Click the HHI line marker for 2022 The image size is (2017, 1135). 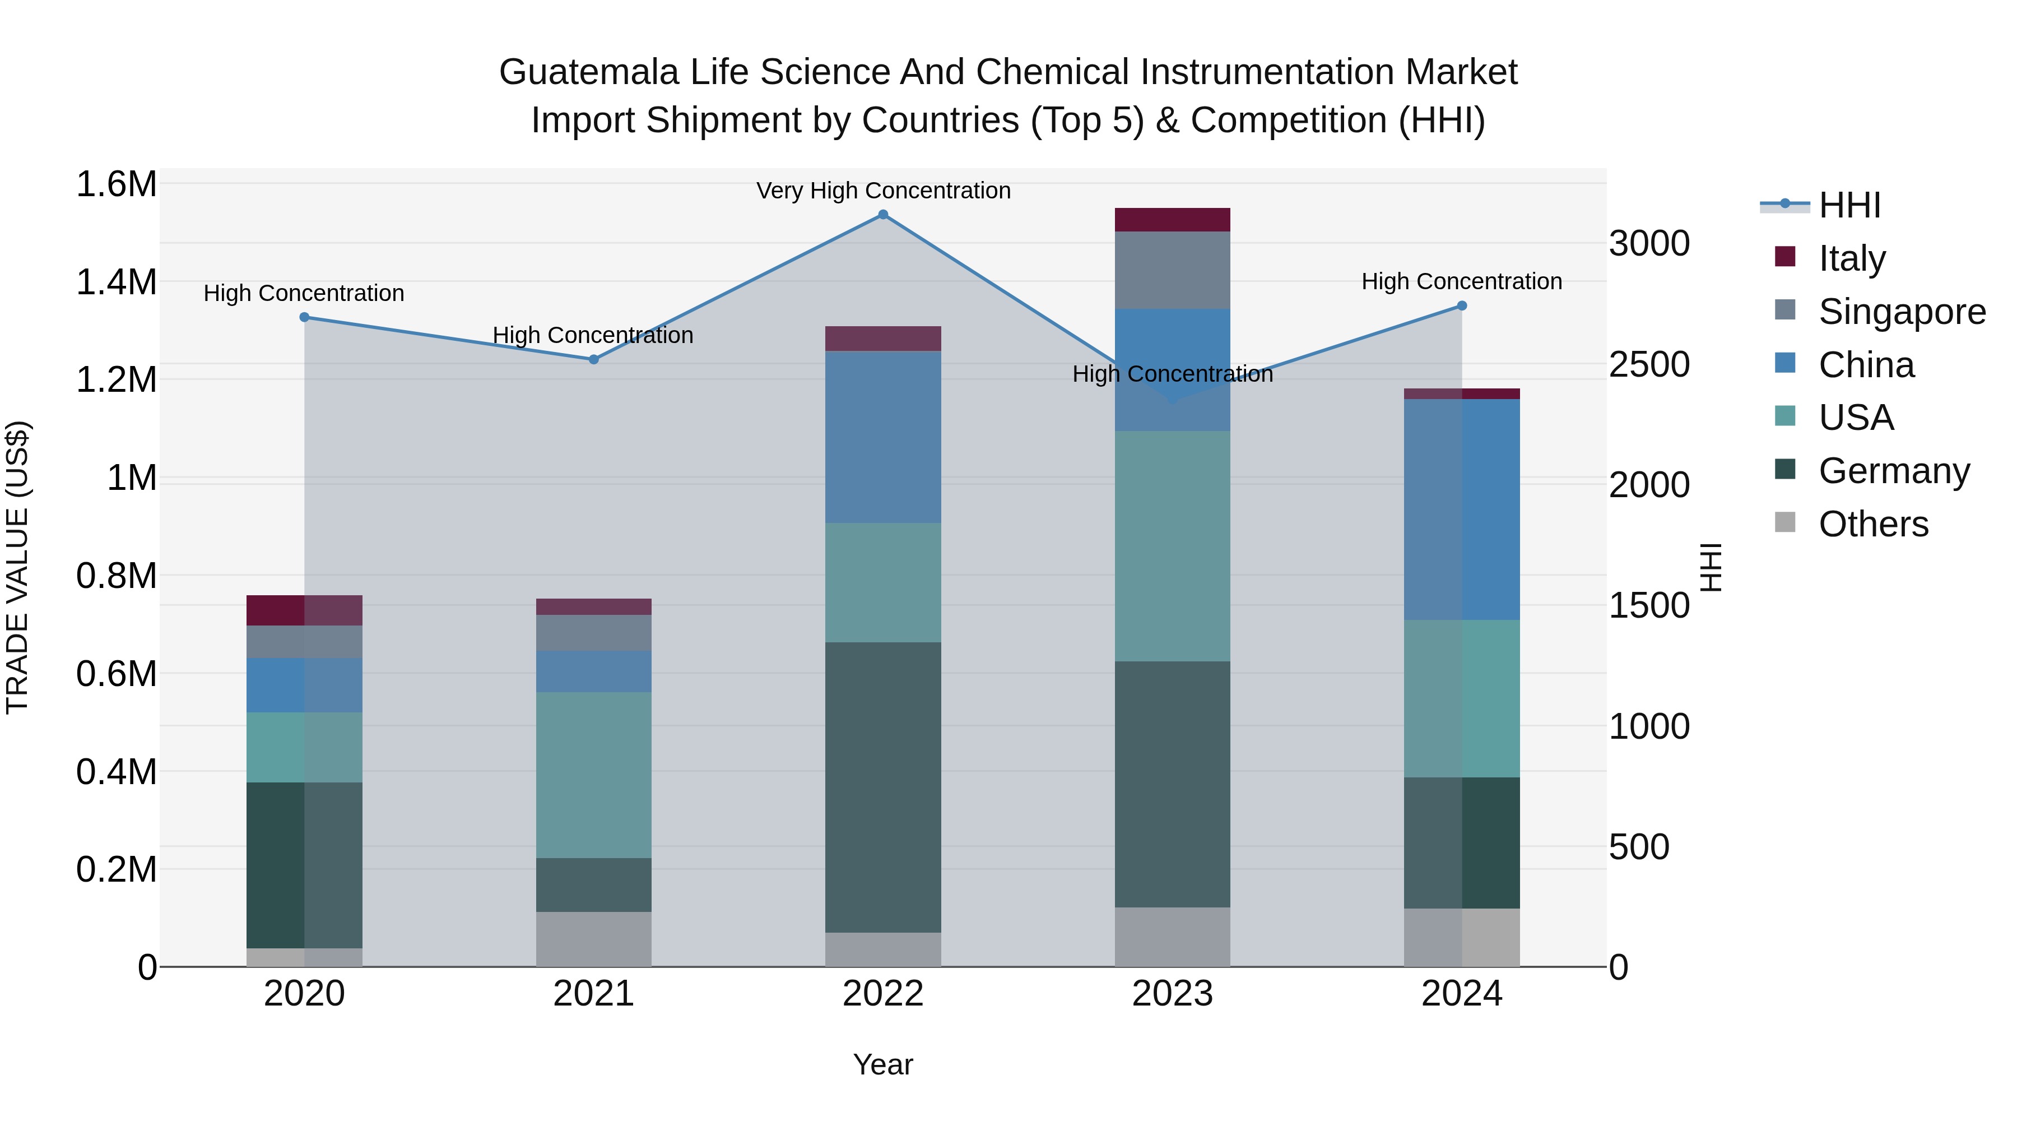882,215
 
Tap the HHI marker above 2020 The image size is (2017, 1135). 305,317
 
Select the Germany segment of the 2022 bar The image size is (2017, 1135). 882,787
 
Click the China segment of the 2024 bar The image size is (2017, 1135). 1462,509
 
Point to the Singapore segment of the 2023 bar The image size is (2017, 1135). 1172,270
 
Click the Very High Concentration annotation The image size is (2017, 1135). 882,191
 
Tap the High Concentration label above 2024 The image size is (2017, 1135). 1461,281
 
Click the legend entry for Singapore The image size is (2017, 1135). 1901,311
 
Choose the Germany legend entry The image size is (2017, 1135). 1893,471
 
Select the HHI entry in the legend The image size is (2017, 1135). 1849,205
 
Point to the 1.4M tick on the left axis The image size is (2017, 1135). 116,282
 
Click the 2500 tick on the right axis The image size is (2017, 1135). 1649,364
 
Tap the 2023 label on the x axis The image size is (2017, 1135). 1172,994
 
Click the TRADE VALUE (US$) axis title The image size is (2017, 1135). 17,567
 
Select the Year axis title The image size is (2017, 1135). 882,1064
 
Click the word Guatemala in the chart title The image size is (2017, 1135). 588,72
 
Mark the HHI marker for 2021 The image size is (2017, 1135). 593,359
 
